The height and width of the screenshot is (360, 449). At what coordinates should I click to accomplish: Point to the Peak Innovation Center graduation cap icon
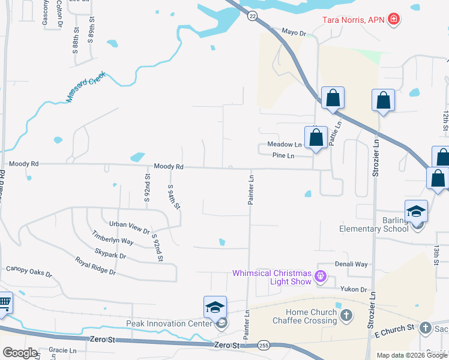coord(215,308)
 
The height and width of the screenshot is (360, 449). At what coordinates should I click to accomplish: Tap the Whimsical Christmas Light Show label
coord(272,278)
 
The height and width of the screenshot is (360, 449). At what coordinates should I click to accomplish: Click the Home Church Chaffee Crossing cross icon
coord(345,314)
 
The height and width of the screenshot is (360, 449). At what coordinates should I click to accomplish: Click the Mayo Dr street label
coord(294,32)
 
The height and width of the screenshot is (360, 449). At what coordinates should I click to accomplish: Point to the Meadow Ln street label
coord(285,145)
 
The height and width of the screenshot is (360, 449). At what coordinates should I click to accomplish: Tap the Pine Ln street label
coord(283,156)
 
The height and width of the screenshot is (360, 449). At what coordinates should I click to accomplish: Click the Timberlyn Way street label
coord(112,241)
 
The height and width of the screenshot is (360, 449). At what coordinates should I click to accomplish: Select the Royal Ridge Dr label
coord(95,266)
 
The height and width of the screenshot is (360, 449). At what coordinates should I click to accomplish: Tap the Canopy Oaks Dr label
coord(29,272)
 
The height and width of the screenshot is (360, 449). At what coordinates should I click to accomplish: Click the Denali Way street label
coord(351,264)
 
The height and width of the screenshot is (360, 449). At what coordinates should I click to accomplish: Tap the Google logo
coord(20,353)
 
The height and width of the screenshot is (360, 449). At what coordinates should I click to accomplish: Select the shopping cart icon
coord(4,304)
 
